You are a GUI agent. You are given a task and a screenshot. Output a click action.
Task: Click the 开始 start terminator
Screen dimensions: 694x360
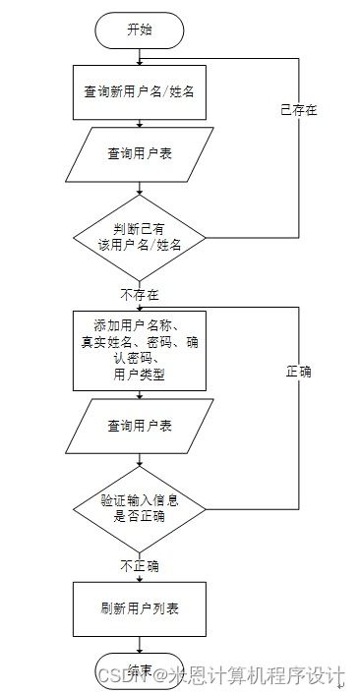tap(140, 30)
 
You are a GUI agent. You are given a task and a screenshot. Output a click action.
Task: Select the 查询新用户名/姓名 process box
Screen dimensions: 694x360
tap(140, 92)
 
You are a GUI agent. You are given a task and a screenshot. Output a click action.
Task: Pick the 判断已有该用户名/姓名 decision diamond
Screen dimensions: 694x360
tap(140, 237)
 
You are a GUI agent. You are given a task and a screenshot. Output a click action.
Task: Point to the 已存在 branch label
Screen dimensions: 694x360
tap(298, 111)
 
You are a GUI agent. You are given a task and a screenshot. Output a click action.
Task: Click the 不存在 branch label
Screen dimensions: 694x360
tap(140, 294)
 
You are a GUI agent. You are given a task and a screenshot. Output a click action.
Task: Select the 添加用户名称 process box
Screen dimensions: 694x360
tap(140, 349)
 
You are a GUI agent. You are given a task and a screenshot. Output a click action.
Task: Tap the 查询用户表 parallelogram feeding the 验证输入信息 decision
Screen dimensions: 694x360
tap(140, 426)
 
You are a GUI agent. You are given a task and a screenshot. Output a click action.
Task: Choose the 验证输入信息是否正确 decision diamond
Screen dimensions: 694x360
tap(140, 508)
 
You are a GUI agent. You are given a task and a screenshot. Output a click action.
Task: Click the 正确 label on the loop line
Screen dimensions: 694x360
tap(298, 374)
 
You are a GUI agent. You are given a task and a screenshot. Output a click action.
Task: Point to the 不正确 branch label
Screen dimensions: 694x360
tap(140, 566)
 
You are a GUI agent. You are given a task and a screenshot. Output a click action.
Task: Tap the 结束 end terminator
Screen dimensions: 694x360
tap(140, 669)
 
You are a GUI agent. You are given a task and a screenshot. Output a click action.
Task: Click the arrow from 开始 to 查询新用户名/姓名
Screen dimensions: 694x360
tap(140, 55)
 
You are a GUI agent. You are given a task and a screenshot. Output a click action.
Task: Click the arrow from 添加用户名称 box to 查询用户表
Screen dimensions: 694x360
tap(140, 395)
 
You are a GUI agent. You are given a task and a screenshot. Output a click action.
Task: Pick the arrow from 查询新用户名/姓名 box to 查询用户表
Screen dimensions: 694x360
tap(140, 124)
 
